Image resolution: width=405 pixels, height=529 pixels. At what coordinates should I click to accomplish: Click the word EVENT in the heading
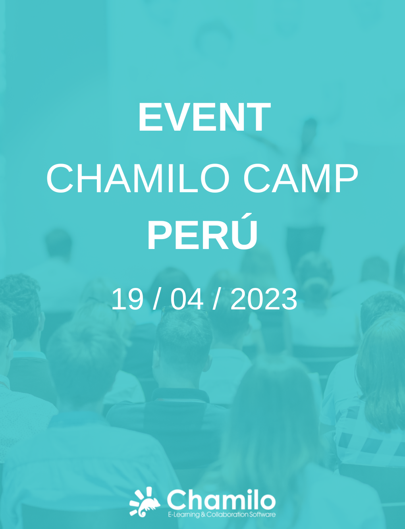tap(204, 117)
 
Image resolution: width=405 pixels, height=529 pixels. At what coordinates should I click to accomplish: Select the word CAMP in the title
tap(300, 178)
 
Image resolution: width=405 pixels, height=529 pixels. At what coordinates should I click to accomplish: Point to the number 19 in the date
tap(127, 299)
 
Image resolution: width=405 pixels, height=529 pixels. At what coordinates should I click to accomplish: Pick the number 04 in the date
tap(187, 299)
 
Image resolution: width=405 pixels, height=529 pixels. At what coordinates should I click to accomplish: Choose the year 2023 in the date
tap(264, 299)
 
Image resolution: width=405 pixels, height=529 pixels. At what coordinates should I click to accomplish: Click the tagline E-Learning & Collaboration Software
tap(222, 515)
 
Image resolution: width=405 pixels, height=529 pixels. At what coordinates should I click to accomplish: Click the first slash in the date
tap(158, 299)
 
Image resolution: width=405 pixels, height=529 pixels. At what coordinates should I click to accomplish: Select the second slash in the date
tap(217, 299)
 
